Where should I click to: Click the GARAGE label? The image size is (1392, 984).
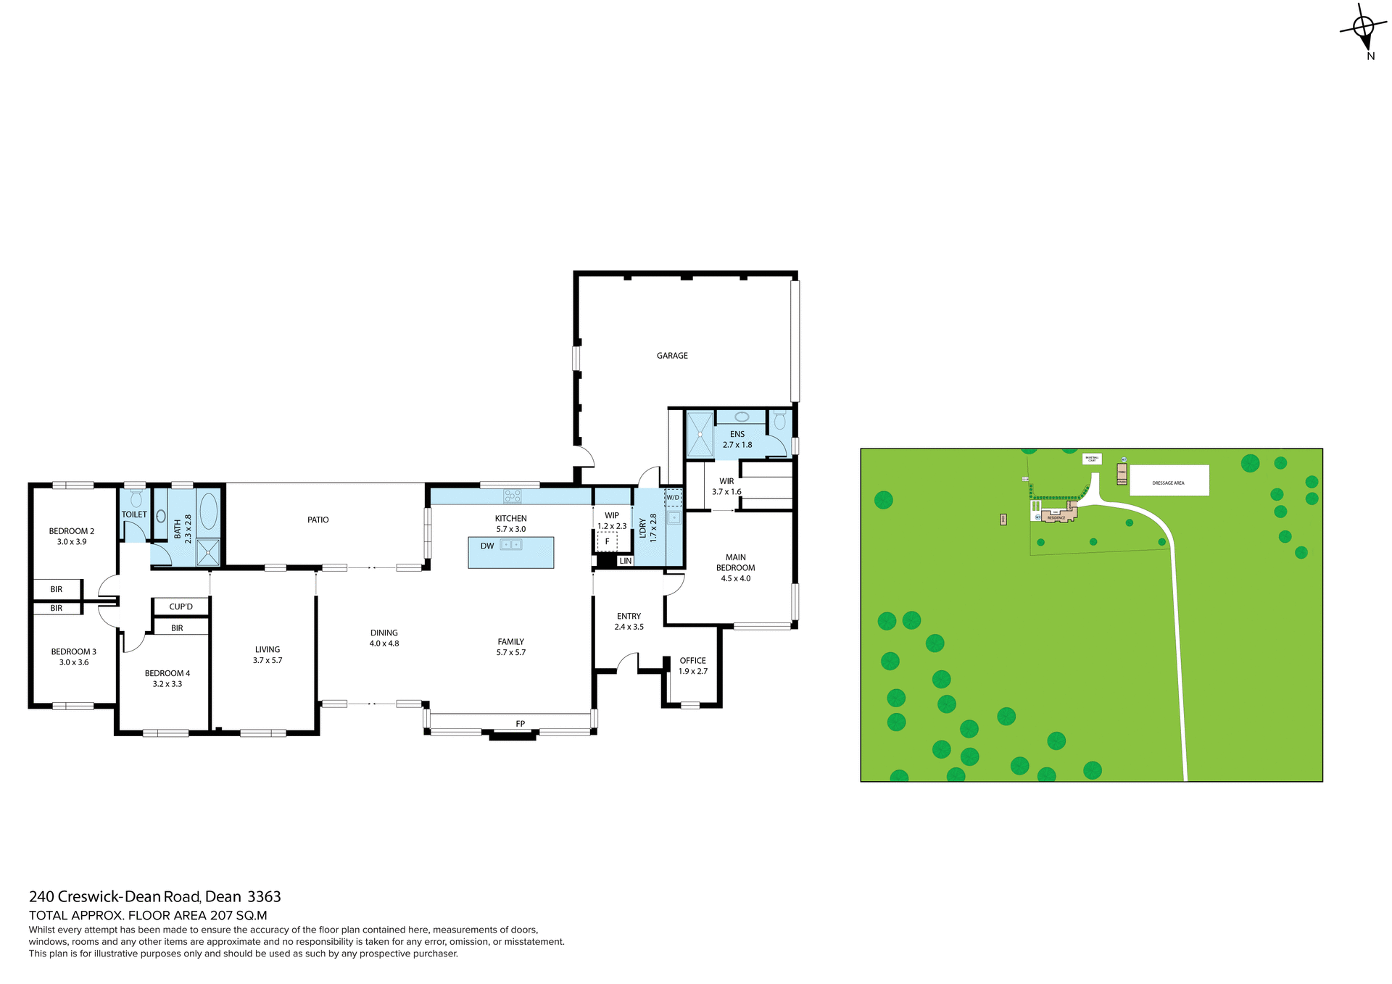point(672,356)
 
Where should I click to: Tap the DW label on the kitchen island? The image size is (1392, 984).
point(487,546)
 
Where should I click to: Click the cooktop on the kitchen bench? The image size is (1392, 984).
point(513,496)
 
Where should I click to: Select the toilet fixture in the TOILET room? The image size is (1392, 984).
point(136,499)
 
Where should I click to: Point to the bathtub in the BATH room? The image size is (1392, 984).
point(208,512)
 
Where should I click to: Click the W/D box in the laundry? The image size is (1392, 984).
point(673,497)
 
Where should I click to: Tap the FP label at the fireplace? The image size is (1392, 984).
point(520,724)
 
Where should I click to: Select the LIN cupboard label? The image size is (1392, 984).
point(626,561)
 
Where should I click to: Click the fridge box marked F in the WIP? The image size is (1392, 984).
point(608,541)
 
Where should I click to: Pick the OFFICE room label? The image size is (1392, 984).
point(692,661)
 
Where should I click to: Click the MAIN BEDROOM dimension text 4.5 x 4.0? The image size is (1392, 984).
point(735,578)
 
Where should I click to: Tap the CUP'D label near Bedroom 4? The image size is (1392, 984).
point(181,606)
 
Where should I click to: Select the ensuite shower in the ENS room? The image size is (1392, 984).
point(700,434)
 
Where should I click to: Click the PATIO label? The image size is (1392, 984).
point(318,520)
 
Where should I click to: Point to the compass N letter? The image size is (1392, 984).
point(1370,57)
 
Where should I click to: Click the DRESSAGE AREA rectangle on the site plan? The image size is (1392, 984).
point(1169,480)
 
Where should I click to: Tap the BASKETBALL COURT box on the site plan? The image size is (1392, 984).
point(1092,459)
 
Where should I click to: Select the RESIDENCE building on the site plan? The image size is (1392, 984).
point(1056,517)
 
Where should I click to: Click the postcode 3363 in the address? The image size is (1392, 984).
point(264,896)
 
